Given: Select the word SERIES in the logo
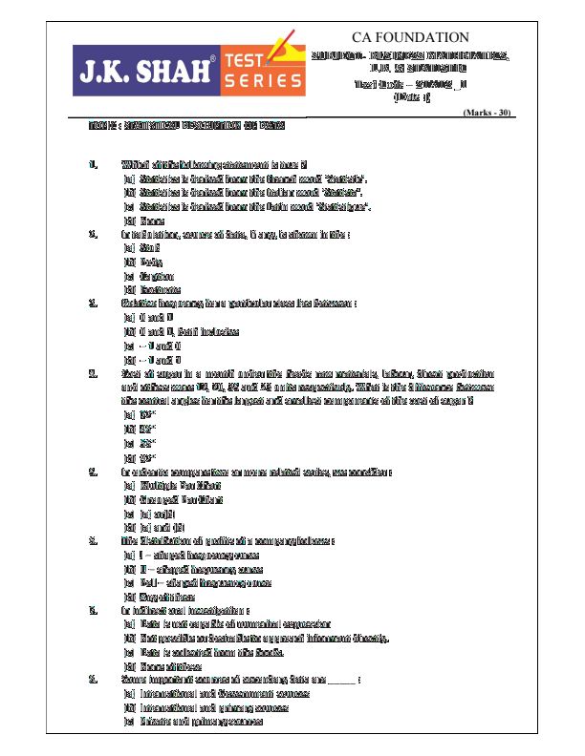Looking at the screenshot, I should point(262,81).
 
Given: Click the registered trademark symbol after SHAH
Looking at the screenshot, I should point(213,59).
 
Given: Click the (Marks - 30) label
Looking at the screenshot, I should point(487,112).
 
